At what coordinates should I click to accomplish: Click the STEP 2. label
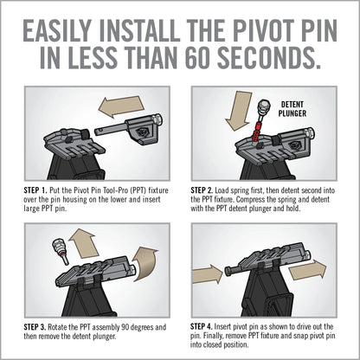click(207, 187)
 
